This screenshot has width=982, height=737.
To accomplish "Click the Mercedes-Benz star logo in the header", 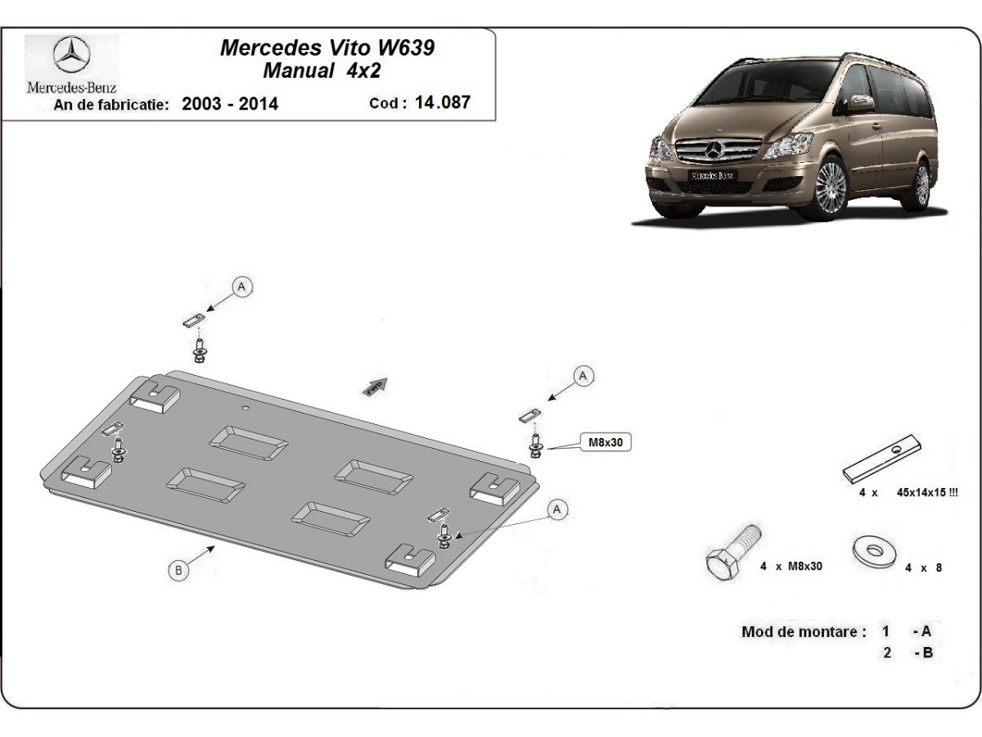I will (x=71, y=57).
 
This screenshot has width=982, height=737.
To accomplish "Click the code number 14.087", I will (x=443, y=102).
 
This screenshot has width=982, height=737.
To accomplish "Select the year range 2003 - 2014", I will (x=230, y=104).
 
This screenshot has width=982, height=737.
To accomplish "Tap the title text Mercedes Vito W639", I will (x=327, y=47).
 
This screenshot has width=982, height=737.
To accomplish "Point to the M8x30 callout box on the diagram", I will (x=606, y=442).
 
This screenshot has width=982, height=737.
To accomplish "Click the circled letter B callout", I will (x=179, y=570).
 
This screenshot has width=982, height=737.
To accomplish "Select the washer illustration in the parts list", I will (x=873, y=551).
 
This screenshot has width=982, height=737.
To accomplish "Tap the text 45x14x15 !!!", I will (x=927, y=493).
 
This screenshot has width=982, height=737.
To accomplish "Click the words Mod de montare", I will (x=804, y=631).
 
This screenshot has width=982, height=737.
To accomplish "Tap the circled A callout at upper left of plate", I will (x=241, y=287).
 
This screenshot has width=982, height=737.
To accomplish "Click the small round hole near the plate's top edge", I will (x=243, y=406).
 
